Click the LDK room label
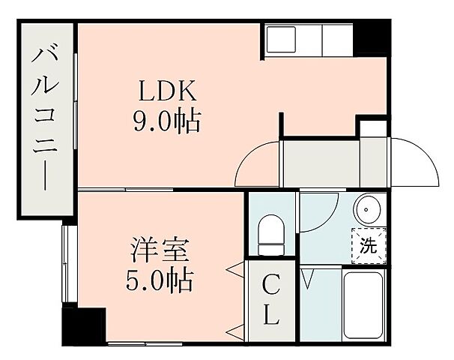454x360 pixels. (166, 91)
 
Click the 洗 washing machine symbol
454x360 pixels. (369, 244)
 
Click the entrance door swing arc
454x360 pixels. (417, 160)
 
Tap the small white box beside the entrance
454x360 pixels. (372, 127)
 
